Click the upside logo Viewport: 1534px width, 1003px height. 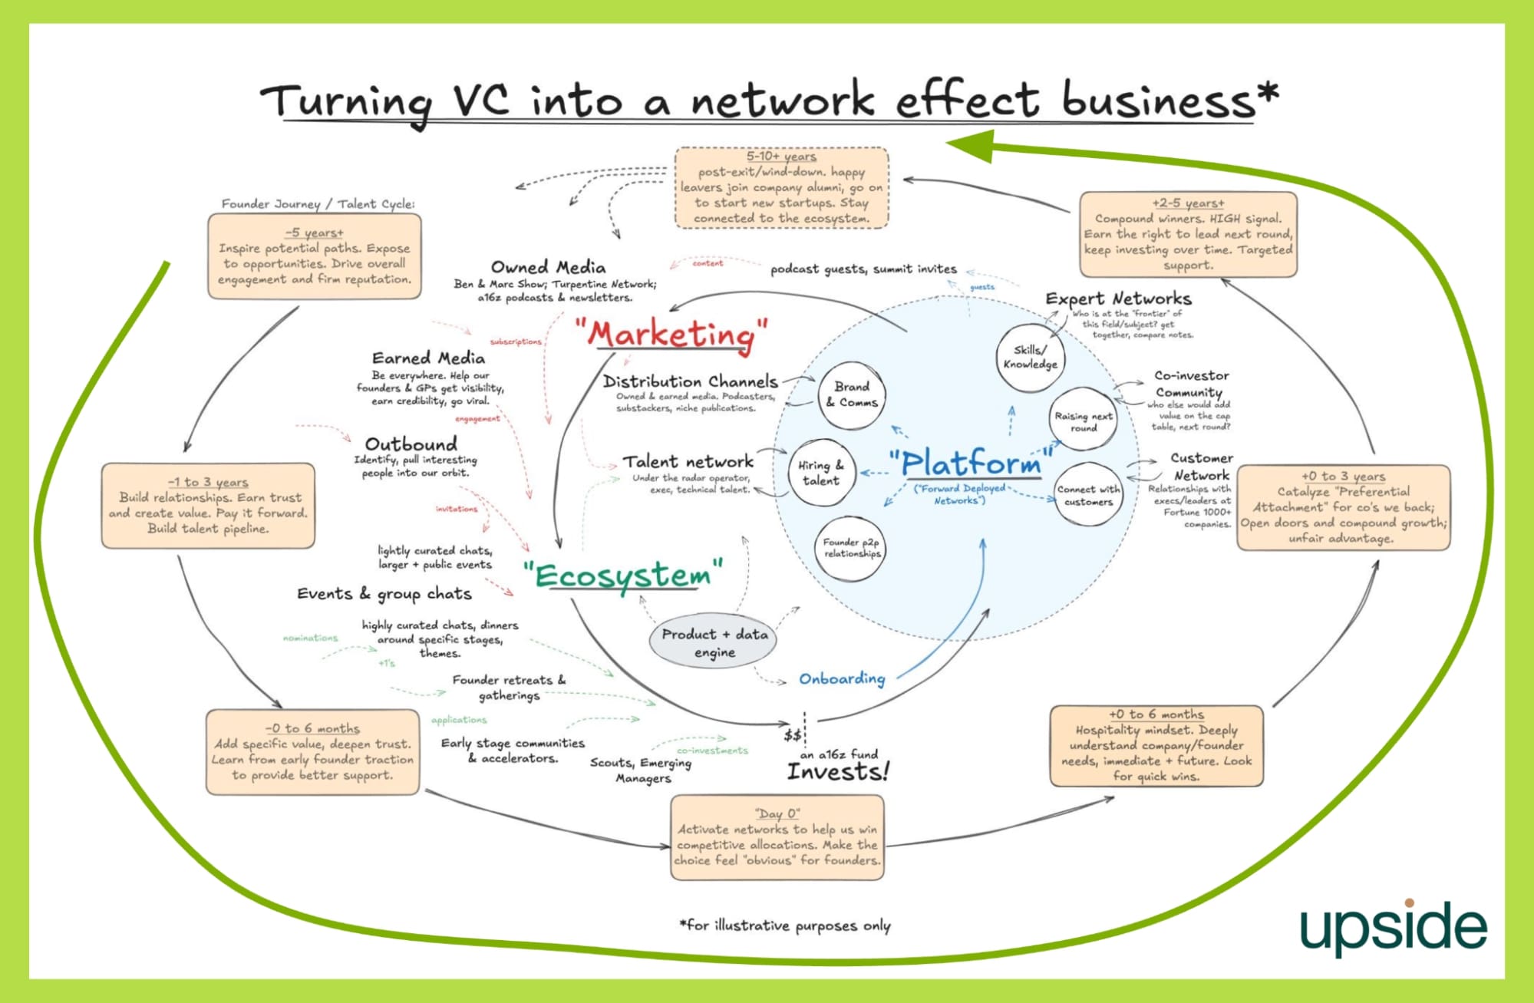(1393, 927)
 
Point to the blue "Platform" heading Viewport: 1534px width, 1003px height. (971, 463)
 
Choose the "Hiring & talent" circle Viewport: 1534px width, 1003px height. (820, 473)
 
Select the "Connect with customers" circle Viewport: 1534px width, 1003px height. (1087, 495)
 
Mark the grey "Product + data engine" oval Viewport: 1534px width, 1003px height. (714, 642)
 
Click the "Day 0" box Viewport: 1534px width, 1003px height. (777, 837)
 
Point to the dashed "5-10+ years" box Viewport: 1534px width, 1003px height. (781, 188)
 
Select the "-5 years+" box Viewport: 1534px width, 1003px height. (315, 256)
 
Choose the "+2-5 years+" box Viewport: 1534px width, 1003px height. (1188, 234)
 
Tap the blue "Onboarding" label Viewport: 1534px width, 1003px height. (842, 679)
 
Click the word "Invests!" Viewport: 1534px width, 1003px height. (838, 772)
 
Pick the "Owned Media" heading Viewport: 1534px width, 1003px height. (548, 267)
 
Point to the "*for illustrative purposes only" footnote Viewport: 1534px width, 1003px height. (784, 925)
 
